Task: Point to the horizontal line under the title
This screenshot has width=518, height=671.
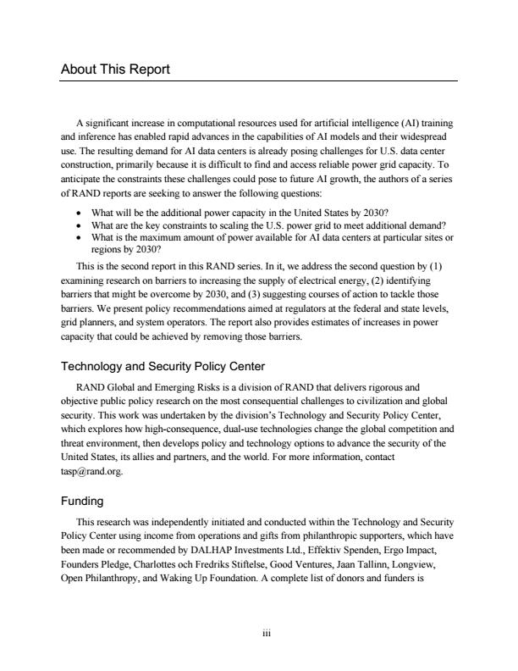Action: [x=259, y=81]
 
